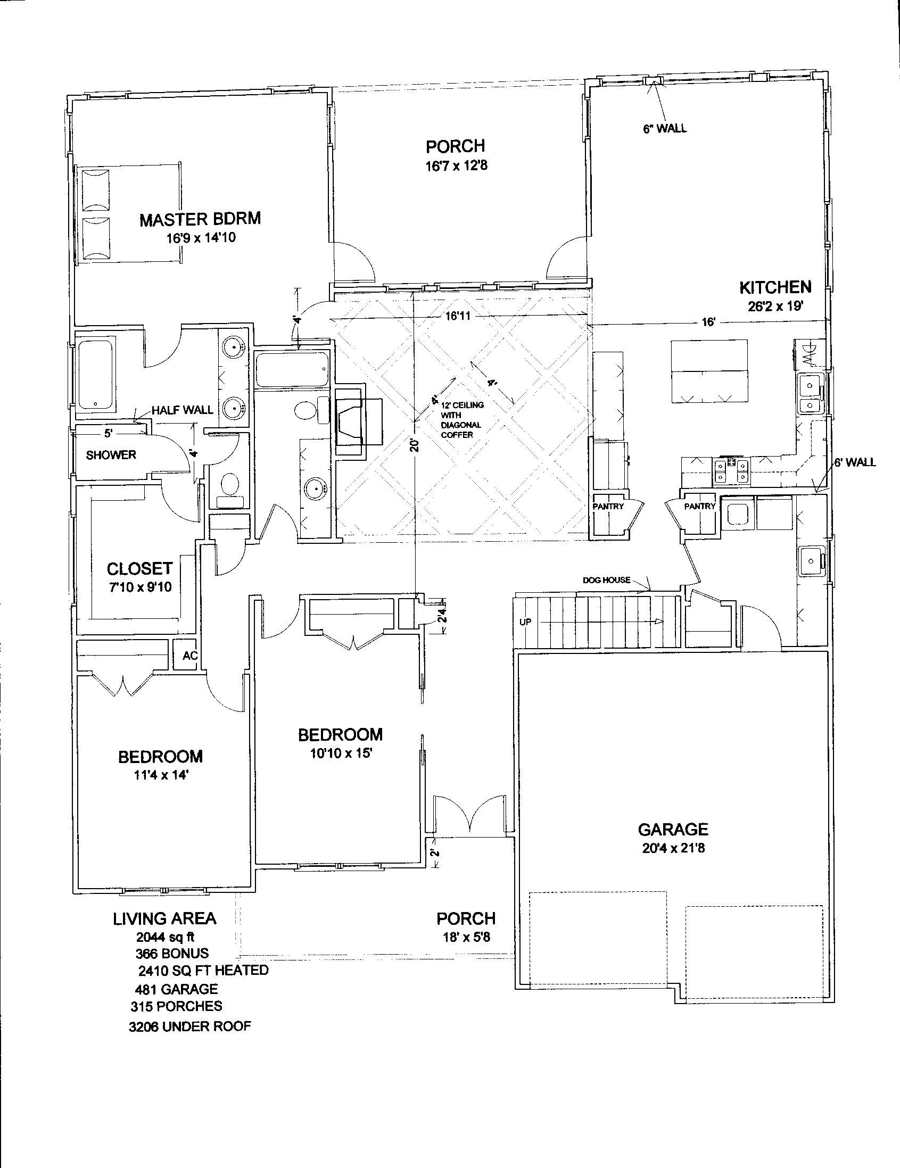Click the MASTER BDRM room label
pos(200,219)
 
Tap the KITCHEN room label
pos(775,288)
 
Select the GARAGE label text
pos(673,830)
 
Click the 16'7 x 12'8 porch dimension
pos(456,166)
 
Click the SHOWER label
pos(111,455)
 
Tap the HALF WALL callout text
pos(183,410)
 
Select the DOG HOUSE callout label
pos(607,580)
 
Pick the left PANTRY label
pos(608,506)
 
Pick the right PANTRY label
pos(700,506)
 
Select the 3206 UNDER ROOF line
pos(190,1026)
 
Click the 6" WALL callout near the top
pos(665,128)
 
